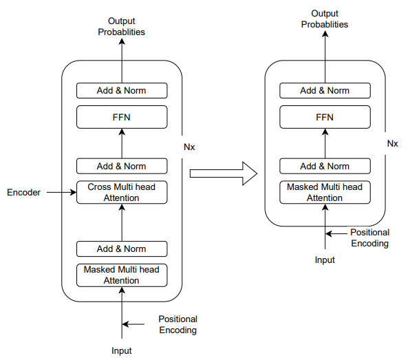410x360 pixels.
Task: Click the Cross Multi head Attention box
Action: [122, 192]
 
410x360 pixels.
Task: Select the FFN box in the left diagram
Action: [122, 117]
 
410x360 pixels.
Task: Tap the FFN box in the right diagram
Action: [325, 117]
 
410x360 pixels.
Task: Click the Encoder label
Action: [24, 193]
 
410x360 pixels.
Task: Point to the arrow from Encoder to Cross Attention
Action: [61, 193]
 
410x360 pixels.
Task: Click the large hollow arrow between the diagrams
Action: [224, 173]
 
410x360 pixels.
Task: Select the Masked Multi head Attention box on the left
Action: [122, 275]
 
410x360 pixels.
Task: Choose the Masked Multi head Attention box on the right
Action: [325, 192]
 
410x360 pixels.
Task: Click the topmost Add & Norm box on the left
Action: [122, 91]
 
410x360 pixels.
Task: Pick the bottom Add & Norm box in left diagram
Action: [122, 248]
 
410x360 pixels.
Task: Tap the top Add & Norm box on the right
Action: [325, 91]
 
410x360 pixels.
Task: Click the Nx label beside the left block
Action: [189, 147]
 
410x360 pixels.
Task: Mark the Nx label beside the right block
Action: [393, 144]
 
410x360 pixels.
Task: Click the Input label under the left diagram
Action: [122, 351]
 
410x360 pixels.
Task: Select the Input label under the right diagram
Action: [325, 260]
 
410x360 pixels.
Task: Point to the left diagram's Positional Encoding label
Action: [178, 325]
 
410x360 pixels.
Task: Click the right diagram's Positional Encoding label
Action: [370, 237]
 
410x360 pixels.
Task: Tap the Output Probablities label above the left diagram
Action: [122, 26]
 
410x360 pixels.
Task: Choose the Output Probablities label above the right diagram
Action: [325, 19]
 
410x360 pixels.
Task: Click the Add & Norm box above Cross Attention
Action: [122, 166]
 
